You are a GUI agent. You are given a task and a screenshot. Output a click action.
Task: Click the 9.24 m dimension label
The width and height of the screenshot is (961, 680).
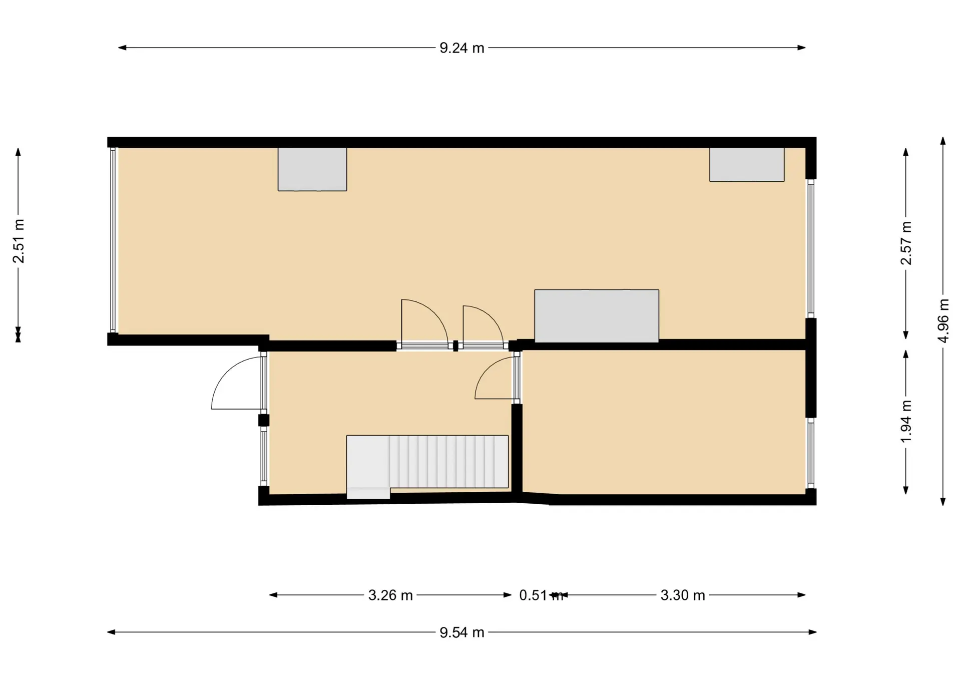click(x=461, y=48)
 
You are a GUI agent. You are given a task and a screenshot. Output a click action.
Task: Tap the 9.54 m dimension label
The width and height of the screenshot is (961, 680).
click(x=461, y=632)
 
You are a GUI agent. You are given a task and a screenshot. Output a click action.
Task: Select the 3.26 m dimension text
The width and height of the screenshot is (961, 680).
click(x=390, y=595)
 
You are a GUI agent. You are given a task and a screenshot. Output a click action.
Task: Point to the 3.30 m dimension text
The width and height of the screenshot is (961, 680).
click(x=683, y=595)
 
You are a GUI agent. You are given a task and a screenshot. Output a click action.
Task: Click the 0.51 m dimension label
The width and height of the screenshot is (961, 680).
click(x=541, y=595)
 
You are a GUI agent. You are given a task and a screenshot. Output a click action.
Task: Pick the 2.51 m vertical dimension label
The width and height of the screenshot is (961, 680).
click(x=19, y=241)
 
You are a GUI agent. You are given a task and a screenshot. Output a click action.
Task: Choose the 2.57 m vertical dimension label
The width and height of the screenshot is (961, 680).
click(x=906, y=243)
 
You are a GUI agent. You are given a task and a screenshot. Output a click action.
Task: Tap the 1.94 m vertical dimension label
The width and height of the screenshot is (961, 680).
click(x=906, y=421)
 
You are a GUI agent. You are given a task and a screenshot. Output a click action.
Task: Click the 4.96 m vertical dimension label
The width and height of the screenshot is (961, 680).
click(x=943, y=321)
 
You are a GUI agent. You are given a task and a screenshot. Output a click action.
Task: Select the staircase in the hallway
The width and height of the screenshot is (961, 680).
click(x=427, y=462)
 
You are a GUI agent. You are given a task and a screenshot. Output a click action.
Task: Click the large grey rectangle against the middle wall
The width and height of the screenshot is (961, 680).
click(x=597, y=316)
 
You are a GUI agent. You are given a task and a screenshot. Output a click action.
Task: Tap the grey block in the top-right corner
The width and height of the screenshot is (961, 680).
click(x=747, y=164)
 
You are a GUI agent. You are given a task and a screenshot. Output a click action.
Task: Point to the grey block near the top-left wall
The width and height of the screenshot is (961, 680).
click(x=312, y=169)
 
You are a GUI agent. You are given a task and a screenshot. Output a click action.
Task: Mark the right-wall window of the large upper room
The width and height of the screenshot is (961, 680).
click(x=811, y=248)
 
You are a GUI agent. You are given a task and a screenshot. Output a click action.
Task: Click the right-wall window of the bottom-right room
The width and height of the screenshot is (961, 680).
click(x=811, y=453)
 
